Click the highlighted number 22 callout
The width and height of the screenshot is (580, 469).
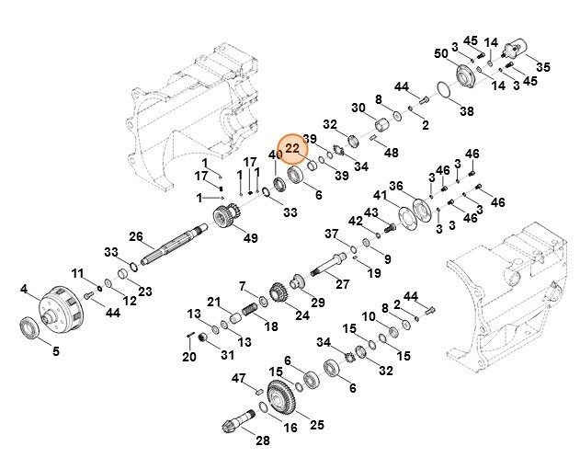pos(292,148)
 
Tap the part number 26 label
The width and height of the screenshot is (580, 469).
pos(136,236)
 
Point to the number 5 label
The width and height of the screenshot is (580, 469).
pos(55,349)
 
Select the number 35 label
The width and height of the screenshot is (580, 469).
pos(542,66)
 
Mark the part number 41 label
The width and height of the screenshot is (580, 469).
pos(379,195)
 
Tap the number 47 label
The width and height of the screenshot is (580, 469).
pos(239,378)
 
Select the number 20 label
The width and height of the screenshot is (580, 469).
pos(188,357)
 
